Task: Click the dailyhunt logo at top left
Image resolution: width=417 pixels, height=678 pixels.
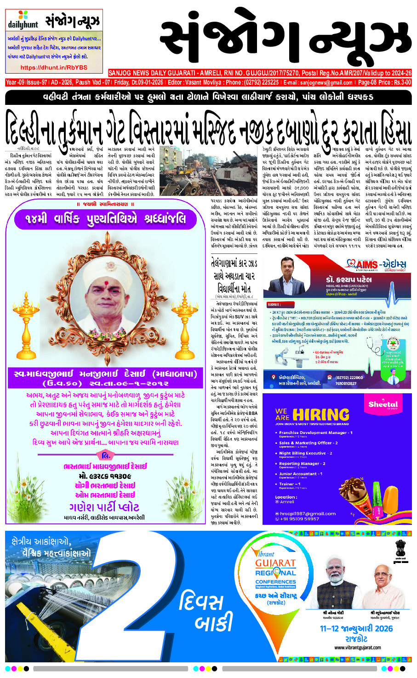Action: coord(23,21)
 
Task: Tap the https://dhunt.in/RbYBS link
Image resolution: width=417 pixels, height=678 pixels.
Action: coord(54,67)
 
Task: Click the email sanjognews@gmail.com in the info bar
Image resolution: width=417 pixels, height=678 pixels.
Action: coord(326,83)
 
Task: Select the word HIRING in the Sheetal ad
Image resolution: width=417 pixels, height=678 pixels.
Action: coord(321,415)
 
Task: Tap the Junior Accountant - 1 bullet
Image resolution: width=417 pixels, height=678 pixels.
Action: coord(301,474)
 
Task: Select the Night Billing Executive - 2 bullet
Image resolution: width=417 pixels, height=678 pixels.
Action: coord(306,453)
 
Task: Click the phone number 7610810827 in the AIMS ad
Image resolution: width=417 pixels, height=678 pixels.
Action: coord(346,383)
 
